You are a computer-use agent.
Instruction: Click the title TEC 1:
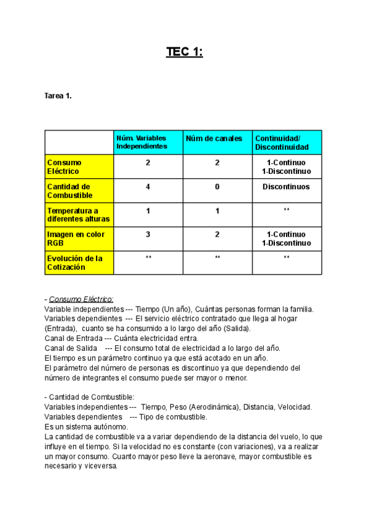coord(184,52)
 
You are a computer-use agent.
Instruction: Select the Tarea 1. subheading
coord(58,96)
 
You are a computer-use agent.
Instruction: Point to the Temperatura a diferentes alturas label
coord(78,214)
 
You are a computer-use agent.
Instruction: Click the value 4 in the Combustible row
coord(148,187)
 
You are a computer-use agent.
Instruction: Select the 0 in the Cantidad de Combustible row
coord(217,187)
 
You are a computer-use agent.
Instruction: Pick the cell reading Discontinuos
coord(286,187)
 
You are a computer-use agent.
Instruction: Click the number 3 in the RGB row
coord(148,235)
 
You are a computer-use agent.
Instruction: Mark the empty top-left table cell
coord(79,142)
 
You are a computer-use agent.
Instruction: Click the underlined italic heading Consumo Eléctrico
coord(81,299)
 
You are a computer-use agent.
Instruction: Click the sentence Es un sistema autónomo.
coord(86,426)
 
